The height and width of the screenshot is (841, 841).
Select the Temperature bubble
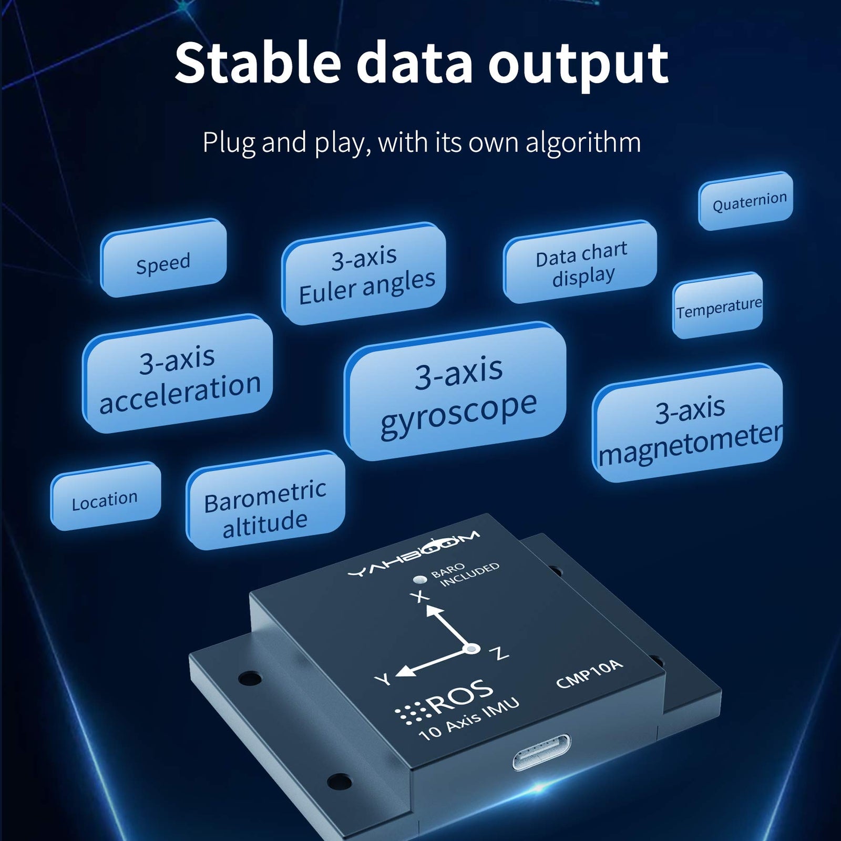coord(718,307)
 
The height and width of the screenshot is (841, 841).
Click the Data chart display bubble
coord(581,263)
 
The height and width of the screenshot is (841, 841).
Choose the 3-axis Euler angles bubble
coord(365,274)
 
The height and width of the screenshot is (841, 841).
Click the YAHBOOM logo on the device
coord(414,554)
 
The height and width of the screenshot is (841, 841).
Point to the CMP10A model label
coord(589,674)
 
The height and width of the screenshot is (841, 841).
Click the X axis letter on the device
coord(419,597)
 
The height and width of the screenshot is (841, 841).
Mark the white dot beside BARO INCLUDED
coord(419,580)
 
